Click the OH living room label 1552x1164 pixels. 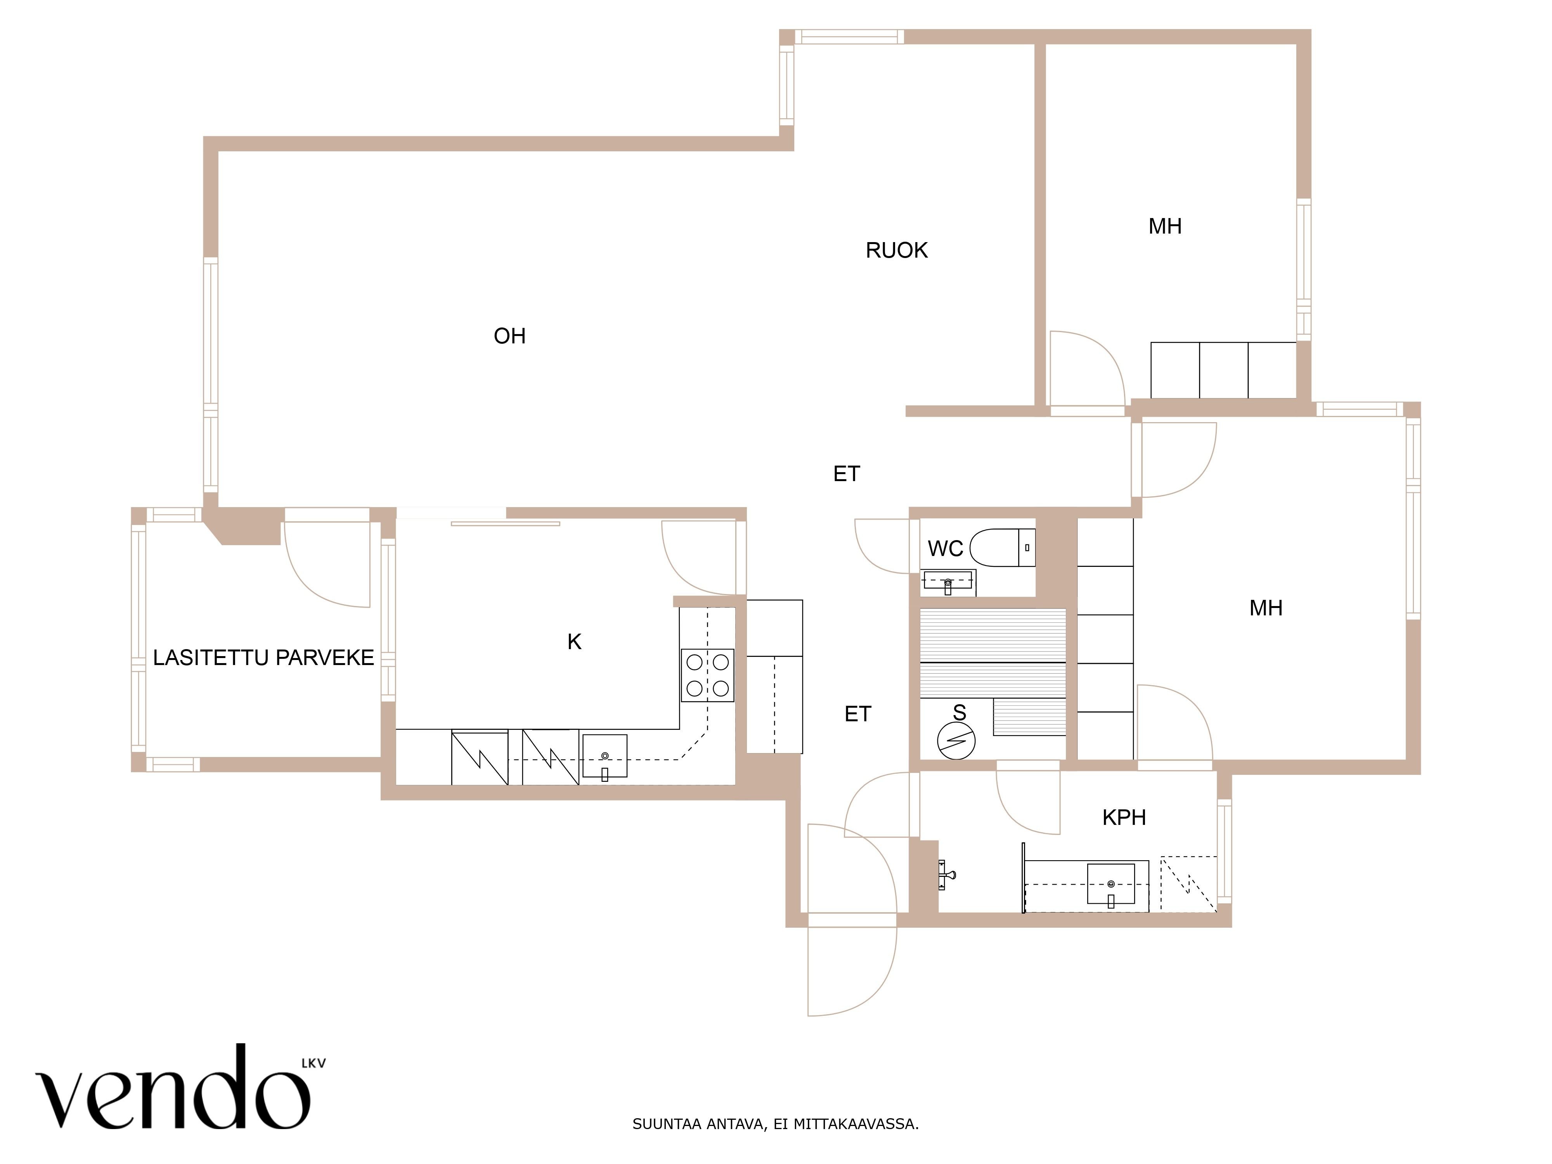509,336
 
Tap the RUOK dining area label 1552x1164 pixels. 897,251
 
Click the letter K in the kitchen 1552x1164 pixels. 574,641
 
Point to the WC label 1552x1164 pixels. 945,549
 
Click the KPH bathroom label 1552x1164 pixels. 1124,818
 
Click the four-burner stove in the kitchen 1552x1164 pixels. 707,675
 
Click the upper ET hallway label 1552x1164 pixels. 846,474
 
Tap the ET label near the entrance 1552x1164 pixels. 857,714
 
